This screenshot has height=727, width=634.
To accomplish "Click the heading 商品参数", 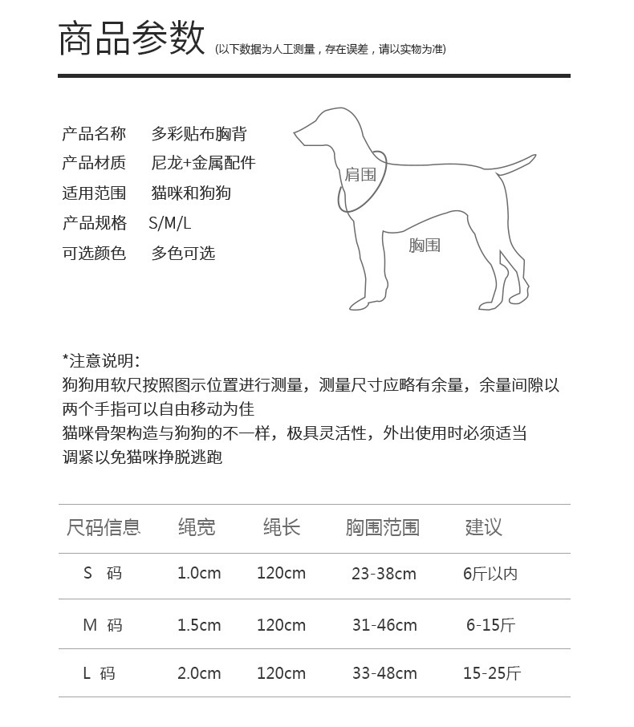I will pos(132,39).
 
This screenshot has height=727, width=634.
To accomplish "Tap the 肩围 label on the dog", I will pos(360,174).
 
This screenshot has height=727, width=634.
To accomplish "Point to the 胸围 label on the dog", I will pos(425,245).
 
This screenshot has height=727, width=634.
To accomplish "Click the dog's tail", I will pos(514,164).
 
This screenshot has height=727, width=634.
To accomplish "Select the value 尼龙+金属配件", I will pos(203,163).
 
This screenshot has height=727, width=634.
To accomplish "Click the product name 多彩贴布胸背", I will pos(205,133).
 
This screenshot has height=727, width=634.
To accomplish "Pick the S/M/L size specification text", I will pos(170,223).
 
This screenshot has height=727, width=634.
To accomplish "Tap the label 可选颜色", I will pos(94,254).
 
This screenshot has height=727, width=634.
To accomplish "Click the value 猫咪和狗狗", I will pos(191,193).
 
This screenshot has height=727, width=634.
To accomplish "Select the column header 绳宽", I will pos(197,527).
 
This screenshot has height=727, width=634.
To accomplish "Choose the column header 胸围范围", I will pos(383,527).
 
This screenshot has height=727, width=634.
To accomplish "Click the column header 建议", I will pos(483,527).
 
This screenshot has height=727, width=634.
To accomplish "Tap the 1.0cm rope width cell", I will pos(199,574).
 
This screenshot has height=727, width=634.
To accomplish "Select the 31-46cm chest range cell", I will pos(384,625).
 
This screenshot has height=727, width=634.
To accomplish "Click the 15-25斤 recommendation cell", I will pos(491,673).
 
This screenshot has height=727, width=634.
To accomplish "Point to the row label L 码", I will pos(100,673).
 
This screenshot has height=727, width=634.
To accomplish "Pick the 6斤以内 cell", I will pos(490,574).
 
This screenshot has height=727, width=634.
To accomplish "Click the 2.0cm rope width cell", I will pos(199,673).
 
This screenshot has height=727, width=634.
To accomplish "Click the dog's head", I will pos(321,128).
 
